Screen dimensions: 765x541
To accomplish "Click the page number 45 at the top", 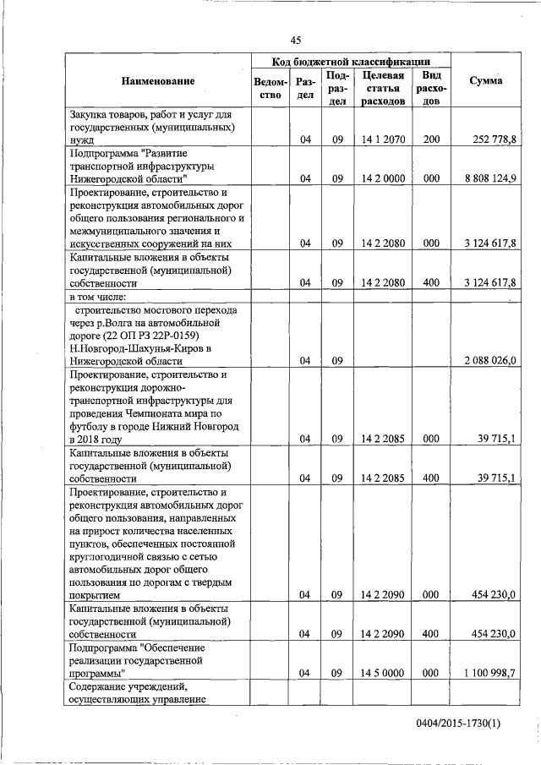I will (x=295, y=41).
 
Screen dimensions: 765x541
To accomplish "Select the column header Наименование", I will (x=157, y=81).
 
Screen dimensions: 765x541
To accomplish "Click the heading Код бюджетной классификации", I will (x=350, y=62).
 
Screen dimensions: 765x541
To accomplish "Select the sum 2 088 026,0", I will (x=489, y=360).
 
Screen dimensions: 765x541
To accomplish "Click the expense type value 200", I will (x=431, y=139).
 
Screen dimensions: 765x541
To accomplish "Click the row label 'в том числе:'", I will (x=98, y=296).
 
